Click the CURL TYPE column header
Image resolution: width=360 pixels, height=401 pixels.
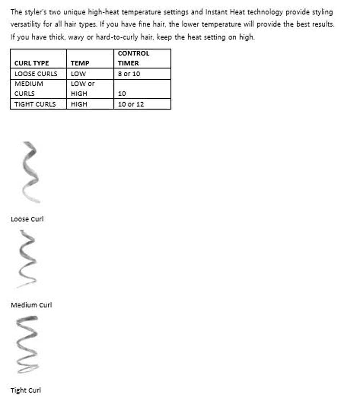(x=32, y=63)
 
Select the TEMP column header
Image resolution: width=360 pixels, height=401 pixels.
(x=80, y=63)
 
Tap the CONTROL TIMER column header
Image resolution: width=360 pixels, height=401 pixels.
(x=133, y=58)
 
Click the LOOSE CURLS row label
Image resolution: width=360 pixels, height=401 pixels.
(x=36, y=74)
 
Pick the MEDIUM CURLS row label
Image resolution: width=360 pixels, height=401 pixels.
(x=29, y=89)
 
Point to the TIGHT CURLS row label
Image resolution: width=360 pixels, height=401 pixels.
(x=35, y=104)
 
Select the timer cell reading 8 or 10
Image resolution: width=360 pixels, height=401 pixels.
(x=129, y=74)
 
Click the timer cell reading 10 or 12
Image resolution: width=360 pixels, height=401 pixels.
(x=131, y=104)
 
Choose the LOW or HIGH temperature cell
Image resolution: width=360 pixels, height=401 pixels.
(x=82, y=89)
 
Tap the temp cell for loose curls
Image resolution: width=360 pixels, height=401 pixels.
(x=78, y=74)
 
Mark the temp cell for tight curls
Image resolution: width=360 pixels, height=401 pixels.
(x=79, y=104)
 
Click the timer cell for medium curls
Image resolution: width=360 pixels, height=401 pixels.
(x=122, y=94)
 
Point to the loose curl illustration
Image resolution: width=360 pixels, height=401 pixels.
(x=31, y=172)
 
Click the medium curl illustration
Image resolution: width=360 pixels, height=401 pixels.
(x=27, y=259)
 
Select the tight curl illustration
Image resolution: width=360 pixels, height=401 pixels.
(x=27, y=344)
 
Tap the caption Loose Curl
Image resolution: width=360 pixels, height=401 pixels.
(x=27, y=219)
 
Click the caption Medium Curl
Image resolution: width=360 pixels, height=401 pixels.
(x=31, y=305)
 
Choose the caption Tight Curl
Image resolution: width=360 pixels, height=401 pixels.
(x=26, y=390)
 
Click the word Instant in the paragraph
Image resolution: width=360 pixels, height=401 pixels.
(x=215, y=12)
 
